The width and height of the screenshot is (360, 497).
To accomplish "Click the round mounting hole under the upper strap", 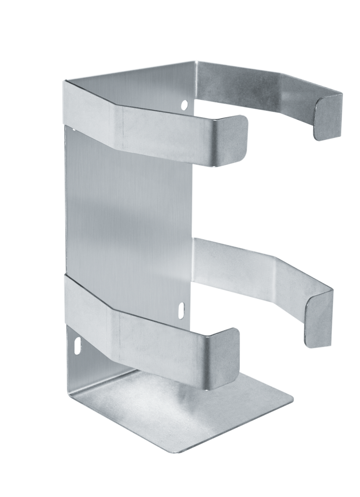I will (184, 105).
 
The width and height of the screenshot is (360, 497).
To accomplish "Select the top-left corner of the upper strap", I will (65, 82).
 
